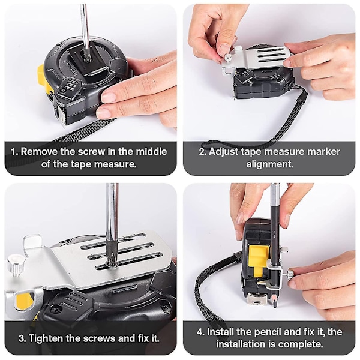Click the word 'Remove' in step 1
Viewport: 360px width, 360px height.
39,152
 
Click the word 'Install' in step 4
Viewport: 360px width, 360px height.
220,332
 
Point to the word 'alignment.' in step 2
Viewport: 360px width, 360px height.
269,164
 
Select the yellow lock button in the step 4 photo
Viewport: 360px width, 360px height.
258,260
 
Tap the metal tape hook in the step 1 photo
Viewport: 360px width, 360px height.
62,116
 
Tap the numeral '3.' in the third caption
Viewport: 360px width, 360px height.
22,338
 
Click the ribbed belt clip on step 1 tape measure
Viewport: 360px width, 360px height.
69,87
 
